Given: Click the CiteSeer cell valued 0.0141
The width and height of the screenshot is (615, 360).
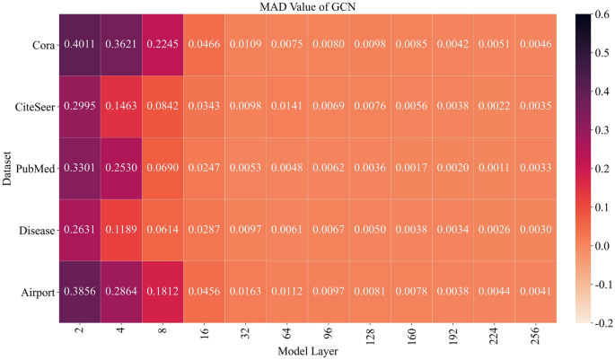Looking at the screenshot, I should (286, 105).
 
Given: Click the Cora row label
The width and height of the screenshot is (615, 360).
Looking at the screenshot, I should (40, 44).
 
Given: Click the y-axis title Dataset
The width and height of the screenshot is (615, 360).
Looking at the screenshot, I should (7, 167).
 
